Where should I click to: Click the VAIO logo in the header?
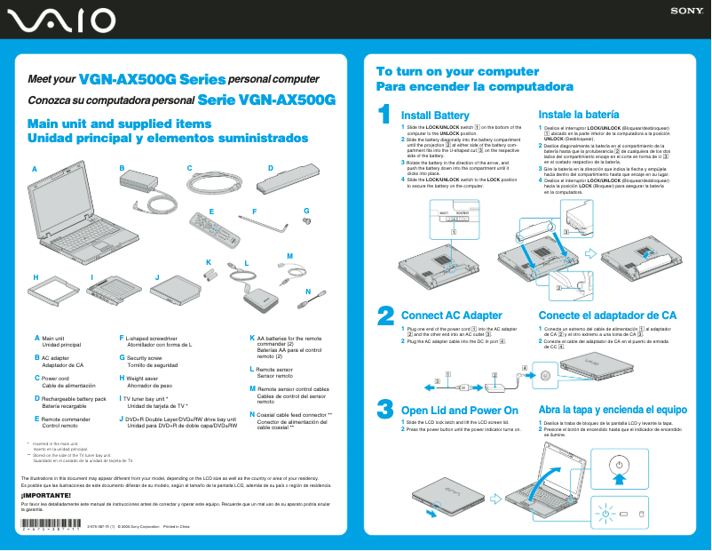pos(58,20)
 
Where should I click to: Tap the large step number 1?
pos(384,115)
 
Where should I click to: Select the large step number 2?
pos(385,315)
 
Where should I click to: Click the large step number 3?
pos(385,409)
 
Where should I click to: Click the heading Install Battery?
pos(435,116)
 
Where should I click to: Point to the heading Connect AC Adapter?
pos(452,315)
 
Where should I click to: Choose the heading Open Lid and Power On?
pos(460,410)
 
